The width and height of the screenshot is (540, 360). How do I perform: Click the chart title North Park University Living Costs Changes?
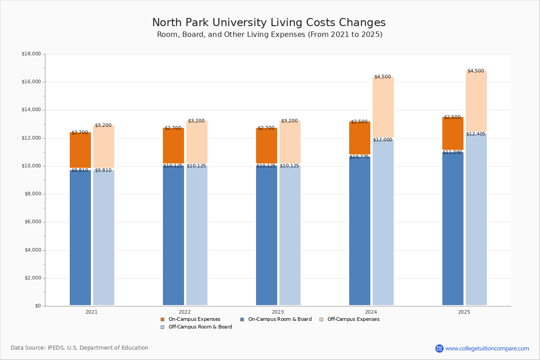[x=269, y=22]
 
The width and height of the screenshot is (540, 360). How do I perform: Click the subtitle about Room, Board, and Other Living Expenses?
[x=270, y=35]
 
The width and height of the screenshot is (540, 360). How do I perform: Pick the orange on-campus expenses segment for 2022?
[x=173, y=145]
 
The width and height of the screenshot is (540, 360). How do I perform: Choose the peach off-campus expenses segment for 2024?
[x=383, y=107]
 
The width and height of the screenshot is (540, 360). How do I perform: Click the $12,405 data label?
[x=476, y=134]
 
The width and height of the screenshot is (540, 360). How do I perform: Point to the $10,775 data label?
[x=359, y=157]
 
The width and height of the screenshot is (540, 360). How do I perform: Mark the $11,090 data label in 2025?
[x=452, y=153]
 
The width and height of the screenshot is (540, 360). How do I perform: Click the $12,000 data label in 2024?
[x=383, y=140]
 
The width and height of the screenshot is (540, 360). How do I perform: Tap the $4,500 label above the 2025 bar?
[x=476, y=71]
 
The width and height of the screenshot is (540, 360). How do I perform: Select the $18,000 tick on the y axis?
[x=31, y=54]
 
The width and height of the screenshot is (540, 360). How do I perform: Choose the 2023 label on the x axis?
[x=278, y=312]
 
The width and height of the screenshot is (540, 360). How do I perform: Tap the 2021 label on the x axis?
[x=91, y=312]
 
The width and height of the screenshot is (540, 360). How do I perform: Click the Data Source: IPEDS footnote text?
[x=80, y=348]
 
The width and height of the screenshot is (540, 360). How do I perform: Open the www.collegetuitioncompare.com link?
[x=487, y=348]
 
